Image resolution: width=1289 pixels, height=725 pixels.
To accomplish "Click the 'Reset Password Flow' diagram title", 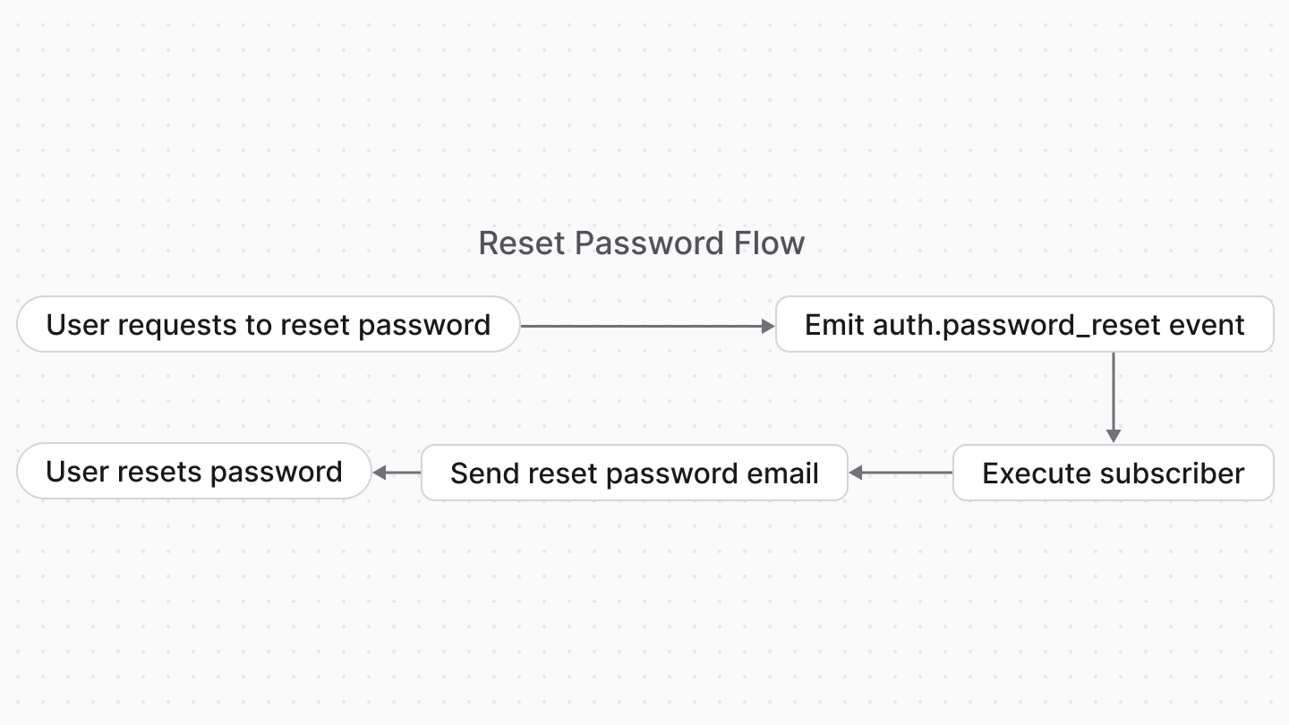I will [641, 243].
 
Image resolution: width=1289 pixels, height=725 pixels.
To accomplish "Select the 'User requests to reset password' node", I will [268, 324].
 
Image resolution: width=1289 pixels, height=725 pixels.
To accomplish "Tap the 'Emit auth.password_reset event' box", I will [1024, 324].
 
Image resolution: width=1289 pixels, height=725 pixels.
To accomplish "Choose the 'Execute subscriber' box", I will [1113, 473].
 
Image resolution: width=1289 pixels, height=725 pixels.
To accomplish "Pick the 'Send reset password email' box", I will [634, 473].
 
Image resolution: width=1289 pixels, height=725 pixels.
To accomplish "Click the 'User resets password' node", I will [193, 472].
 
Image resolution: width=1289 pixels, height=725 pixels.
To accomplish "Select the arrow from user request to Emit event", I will [646, 327].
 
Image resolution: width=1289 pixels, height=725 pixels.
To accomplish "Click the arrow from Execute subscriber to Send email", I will [900, 473].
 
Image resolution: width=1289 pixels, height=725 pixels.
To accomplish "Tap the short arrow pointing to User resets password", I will [396, 473].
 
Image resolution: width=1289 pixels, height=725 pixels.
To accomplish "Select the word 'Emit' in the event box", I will [834, 324].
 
